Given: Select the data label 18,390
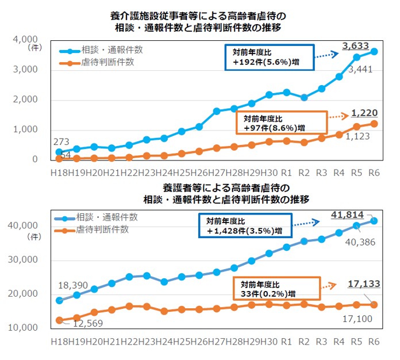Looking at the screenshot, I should [x=74, y=285].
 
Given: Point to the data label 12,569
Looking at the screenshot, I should [x=84, y=323].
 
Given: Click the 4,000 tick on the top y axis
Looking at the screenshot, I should [x=24, y=40].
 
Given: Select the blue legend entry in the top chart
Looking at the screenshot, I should [x=103, y=50].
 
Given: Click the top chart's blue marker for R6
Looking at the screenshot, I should [x=374, y=51].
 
